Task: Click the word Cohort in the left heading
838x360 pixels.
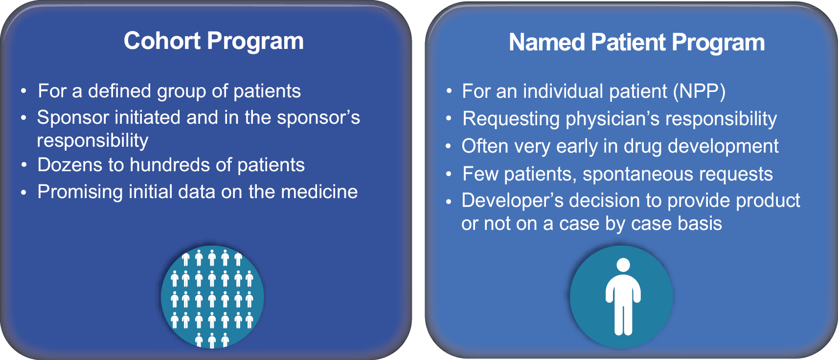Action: [162, 41]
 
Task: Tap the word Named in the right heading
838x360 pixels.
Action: [546, 42]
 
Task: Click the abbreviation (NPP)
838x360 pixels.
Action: [699, 91]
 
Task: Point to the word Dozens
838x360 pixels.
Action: [69, 165]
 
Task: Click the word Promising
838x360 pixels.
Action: [80, 192]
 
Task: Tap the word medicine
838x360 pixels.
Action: [319, 192]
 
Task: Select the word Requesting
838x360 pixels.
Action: [511, 119]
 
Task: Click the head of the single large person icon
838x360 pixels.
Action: [623, 265]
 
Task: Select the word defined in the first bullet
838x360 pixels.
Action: [120, 91]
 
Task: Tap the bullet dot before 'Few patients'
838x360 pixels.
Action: [449, 175]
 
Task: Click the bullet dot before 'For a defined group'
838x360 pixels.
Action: [23, 91]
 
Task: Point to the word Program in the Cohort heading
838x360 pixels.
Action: [255, 41]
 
